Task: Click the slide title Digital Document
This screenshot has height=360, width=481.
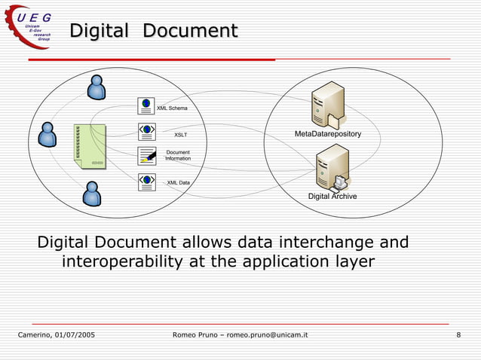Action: [154, 31]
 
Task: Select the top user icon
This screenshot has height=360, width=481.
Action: [97, 87]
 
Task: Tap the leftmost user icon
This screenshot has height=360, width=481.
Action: [47, 134]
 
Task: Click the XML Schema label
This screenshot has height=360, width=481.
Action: [172, 108]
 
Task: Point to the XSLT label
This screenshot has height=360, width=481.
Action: [180, 135]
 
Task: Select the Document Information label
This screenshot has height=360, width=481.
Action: [178, 155]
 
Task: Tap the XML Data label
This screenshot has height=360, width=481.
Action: [178, 182]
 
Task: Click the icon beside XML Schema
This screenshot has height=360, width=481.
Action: [146, 105]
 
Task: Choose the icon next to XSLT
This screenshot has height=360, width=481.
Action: [146, 131]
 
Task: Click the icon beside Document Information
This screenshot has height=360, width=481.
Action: [146, 156]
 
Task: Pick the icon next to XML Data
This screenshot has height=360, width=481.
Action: [146, 182]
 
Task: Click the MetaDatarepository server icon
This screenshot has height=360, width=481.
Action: [327, 104]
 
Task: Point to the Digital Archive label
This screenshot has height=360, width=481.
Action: [332, 197]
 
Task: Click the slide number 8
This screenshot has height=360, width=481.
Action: [458, 334]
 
